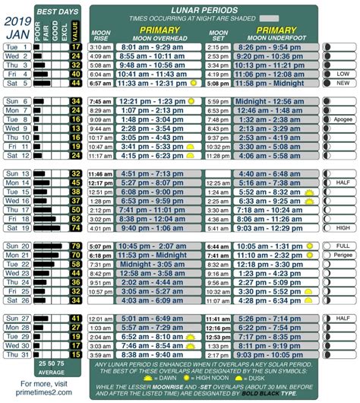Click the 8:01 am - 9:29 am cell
coord(156,47)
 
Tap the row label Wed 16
coord(17,201)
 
